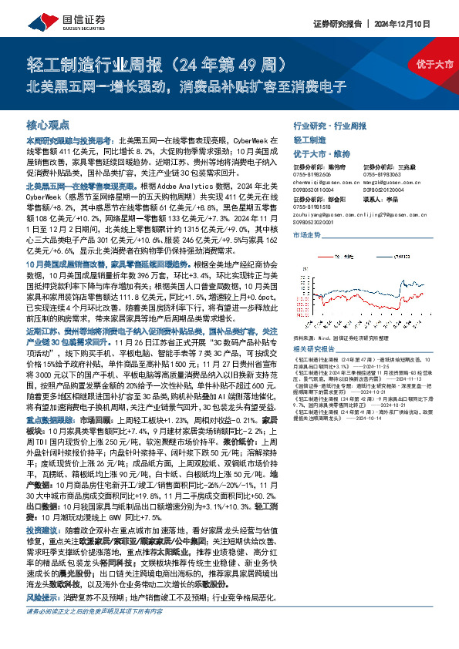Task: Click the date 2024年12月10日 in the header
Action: point(404,25)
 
